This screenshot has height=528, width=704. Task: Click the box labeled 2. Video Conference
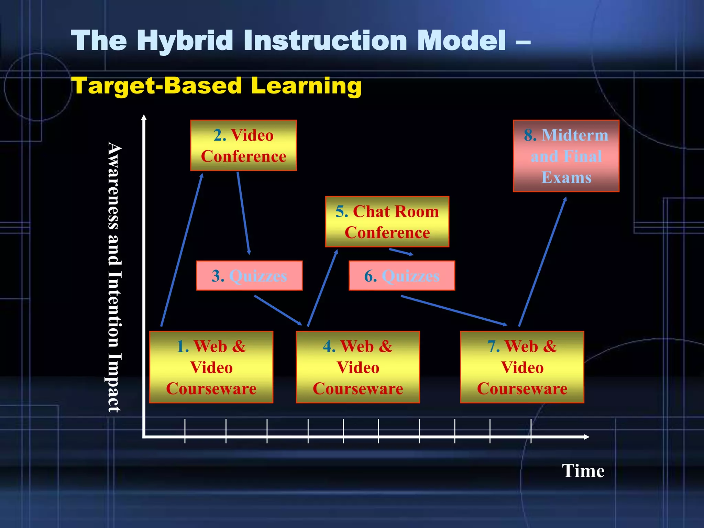pos(243,145)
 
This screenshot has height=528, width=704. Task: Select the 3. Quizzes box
pos(249,276)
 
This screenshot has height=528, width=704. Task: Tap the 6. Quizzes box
pos(401,276)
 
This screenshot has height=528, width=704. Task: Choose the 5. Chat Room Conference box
pos(387,222)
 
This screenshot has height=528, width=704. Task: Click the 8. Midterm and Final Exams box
pos(566,156)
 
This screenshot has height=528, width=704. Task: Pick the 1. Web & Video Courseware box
pos(211,367)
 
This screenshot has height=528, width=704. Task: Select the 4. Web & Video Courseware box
pos(357,367)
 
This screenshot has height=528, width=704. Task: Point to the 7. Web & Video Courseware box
pos(522,367)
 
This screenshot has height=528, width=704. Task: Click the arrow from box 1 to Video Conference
pos(181,250)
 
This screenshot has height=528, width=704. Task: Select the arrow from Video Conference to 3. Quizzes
pos(243,213)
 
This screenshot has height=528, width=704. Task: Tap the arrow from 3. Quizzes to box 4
pos(278,310)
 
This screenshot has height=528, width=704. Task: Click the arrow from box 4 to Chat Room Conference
pos(322,288)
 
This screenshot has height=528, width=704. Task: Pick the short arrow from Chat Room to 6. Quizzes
pos(401,252)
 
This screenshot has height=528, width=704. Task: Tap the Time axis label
pos(583,471)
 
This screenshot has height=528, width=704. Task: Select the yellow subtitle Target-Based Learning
pos(216,86)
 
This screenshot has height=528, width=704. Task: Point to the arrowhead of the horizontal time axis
pos(586,437)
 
